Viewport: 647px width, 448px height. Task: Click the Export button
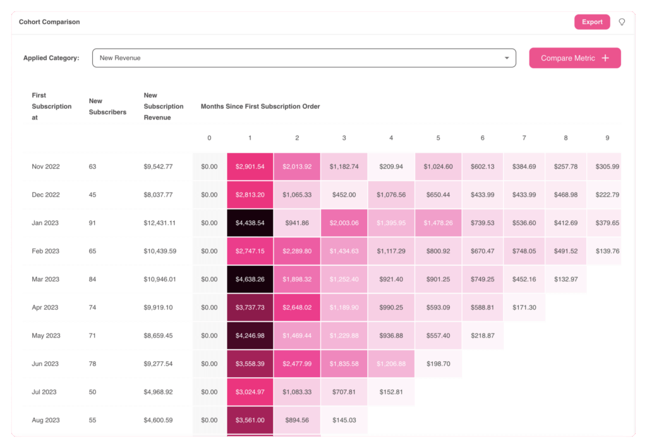pyautogui.click(x=592, y=22)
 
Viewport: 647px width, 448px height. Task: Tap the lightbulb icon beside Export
pyautogui.click(x=622, y=22)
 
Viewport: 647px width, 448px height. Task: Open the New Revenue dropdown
pyautogui.click(x=304, y=58)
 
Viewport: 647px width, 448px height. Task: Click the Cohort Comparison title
pyautogui.click(x=49, y=22)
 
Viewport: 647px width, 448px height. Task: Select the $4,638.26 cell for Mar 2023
pyautogui.click(x=250, y=279)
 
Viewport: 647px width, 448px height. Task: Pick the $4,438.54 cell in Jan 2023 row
pyautogui.click(x=250, y=223)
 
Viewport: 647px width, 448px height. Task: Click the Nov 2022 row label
pyautogui.click(x=45, y=167)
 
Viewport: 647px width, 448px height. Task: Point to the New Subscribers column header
pyautogui.click(x=107, y=107)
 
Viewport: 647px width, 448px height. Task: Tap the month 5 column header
pyautogui.click(x=438, y=138)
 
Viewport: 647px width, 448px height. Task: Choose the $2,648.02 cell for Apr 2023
pyautogui.click(x=297, y=308)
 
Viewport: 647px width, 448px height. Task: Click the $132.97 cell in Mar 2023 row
pyautogui.click(x=566, y=279)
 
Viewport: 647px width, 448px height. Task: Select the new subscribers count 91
pyautogui.click(x=93, y=223)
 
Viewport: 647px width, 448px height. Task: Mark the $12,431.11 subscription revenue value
pyautogui.click(x=159, y=223)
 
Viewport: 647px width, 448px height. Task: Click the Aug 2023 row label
pyautogui.click(x=45, y=420)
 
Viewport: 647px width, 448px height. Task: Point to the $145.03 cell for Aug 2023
pyautogui.click(x=344, y=420)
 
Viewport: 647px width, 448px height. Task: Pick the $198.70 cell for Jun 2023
pyautogui.click(x=438, y=364)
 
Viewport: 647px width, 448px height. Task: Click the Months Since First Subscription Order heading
pyautogui.click(x=260, y=107)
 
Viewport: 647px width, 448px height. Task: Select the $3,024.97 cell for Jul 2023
pyautogui.click(x=250, y=392)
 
